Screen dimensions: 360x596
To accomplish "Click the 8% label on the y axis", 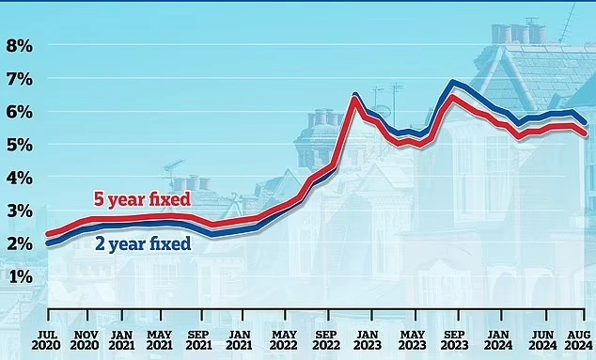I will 20,45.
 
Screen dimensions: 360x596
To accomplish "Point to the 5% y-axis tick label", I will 20,145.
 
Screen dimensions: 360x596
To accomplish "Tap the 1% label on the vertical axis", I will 20,276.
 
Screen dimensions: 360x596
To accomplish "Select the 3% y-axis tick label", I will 20,211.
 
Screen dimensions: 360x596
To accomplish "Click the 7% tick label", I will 20,79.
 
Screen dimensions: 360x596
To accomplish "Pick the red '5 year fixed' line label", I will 140,199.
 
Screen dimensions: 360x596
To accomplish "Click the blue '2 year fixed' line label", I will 144,244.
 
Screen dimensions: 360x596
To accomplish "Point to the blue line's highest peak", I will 454,83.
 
